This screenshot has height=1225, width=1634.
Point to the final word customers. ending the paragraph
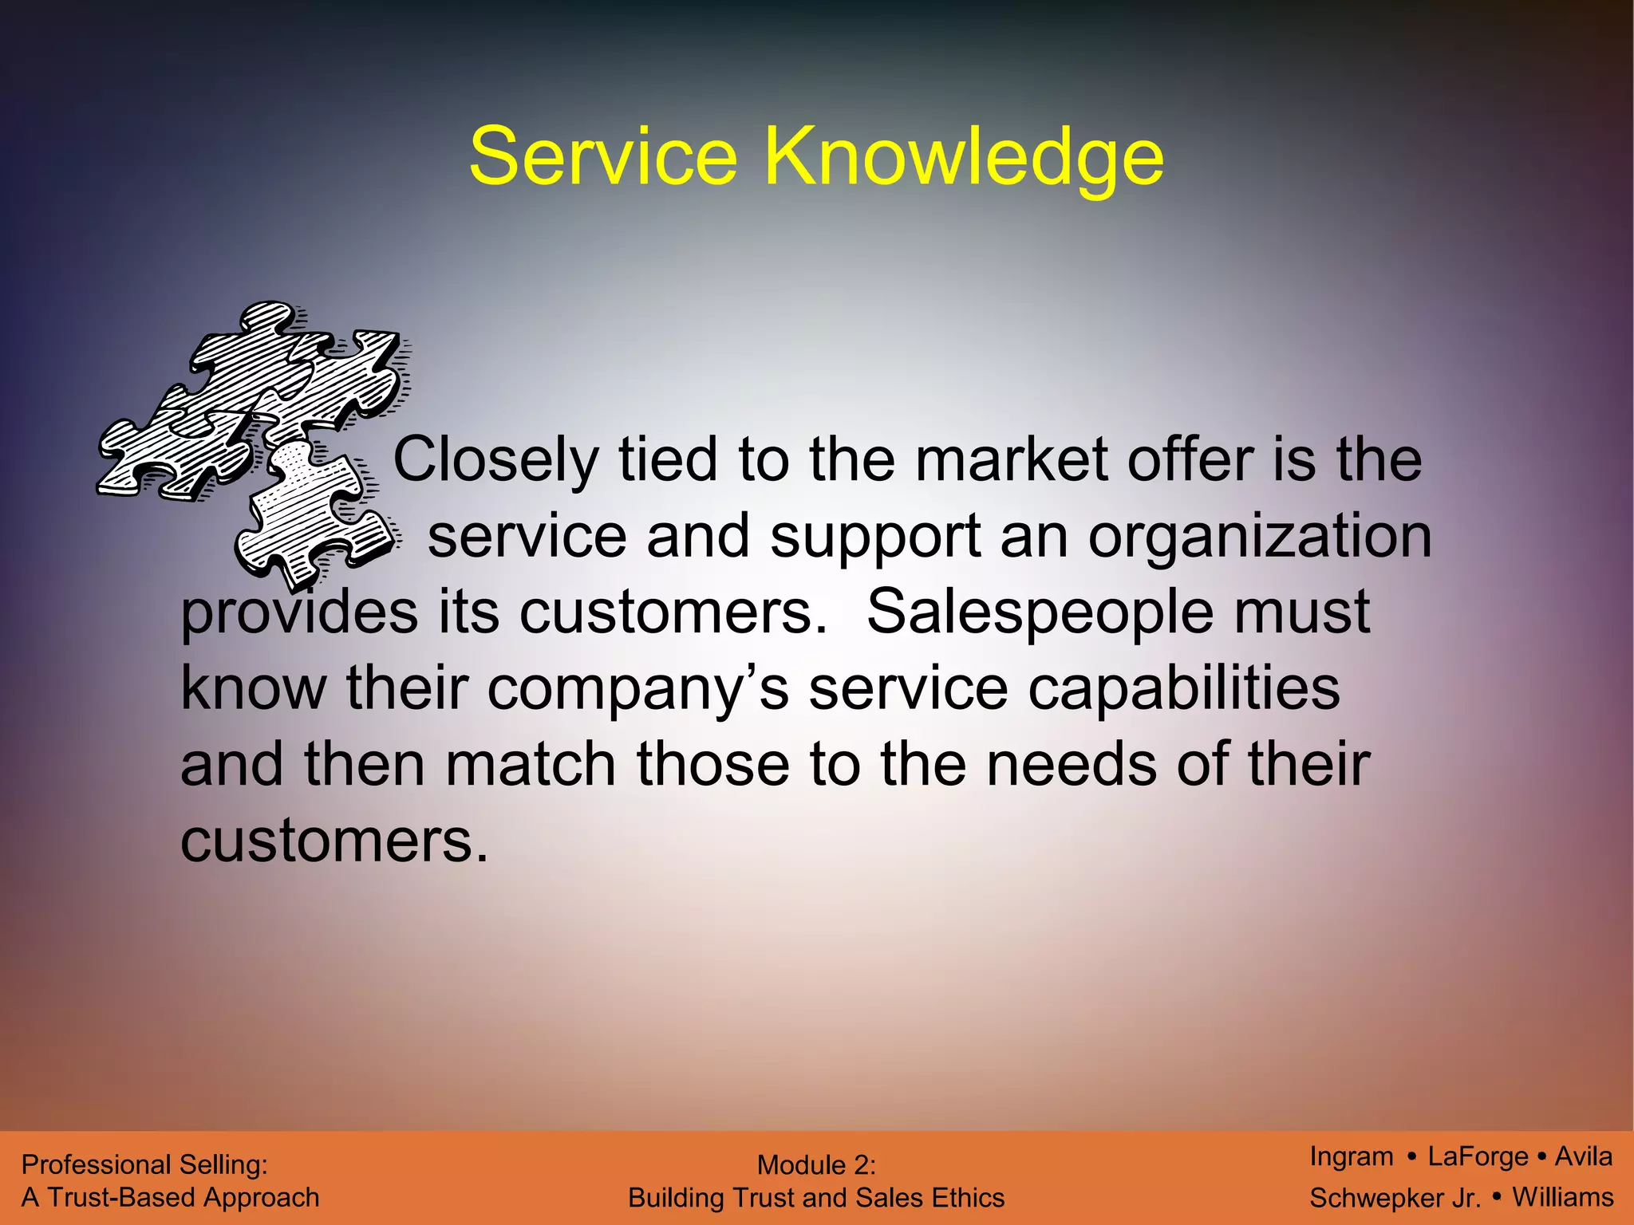(x=334, y=842)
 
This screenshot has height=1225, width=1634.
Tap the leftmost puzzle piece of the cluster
(x=172, y=455)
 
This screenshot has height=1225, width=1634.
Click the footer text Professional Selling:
(x=144, y=1165)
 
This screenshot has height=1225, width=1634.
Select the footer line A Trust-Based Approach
(x=170, y=1198)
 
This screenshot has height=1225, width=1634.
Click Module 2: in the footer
(x=816, y=1165)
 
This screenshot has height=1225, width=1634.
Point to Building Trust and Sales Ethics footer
(x=816, y=1198)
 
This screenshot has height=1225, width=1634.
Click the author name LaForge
(x=1478, y=1156)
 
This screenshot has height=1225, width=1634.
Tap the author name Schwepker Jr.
(x=1395, y=1198)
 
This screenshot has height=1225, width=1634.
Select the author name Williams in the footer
(x=1563, y=1197)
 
